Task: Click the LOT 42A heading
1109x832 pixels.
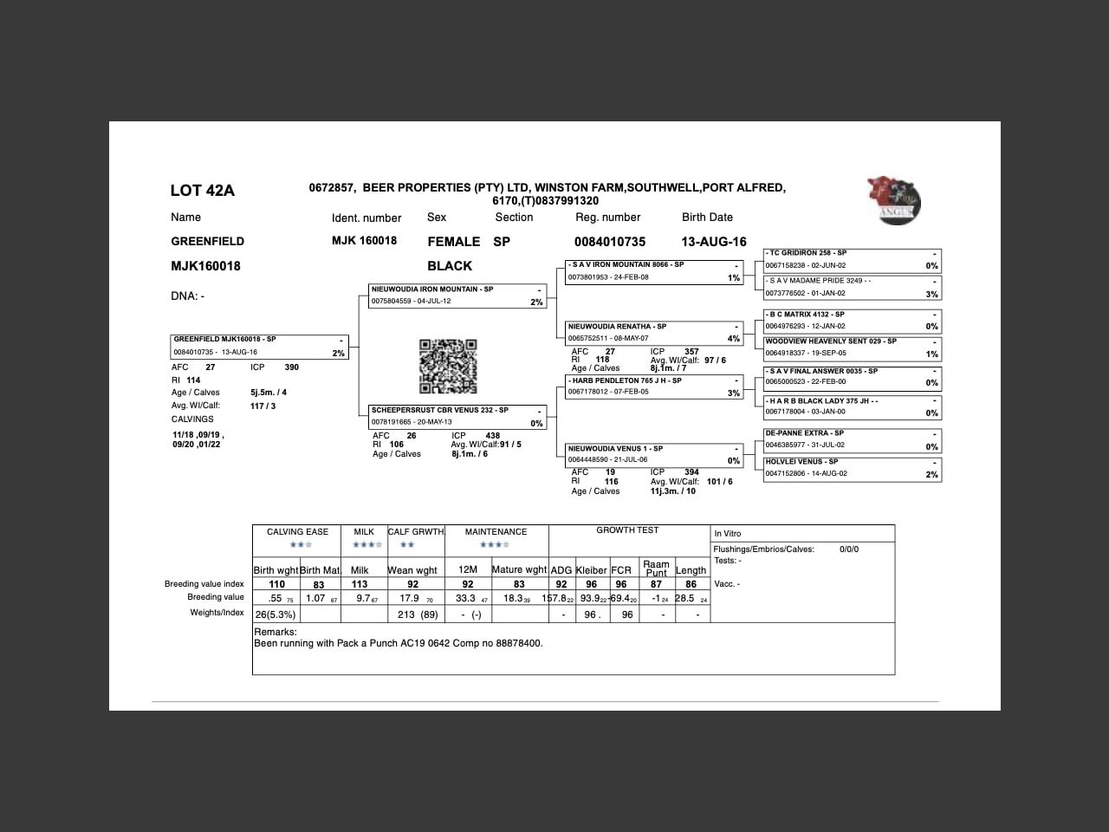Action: (x=202, y=191)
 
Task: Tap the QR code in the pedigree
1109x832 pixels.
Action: (x=448, y=367)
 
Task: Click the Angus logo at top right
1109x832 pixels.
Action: (x=894, y=200)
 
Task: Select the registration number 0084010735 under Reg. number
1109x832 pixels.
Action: (x=609, y=242)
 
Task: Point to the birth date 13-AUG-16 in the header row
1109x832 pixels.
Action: (x=713, y=242)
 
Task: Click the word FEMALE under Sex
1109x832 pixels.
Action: (x=453, y=242)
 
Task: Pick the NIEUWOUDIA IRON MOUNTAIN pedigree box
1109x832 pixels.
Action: (x=457, y=296)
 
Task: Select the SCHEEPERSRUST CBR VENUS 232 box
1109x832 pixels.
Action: (x=457, y=417)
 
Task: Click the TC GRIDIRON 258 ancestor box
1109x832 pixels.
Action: (x=852, y=260)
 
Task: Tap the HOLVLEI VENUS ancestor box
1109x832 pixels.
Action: (x=852, y=468)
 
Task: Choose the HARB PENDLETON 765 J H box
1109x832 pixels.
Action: (x=654, y=387)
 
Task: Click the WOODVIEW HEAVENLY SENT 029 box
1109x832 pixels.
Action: (x=852, y=348)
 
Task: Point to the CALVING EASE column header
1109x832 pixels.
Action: (x=297, y=532)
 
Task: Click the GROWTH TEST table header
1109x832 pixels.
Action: (x=627, y=530)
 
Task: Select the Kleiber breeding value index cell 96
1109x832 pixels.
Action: (x=592, y=584)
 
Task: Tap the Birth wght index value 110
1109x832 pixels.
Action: (x=276, y=584)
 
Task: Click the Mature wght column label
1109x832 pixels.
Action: (x=519, y=569)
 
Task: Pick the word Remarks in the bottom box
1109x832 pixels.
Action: (x=275, y=632)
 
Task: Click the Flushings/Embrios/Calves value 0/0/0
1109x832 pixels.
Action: (x=849, y=549)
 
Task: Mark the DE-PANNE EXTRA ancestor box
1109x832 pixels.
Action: (x=852, y=439)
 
